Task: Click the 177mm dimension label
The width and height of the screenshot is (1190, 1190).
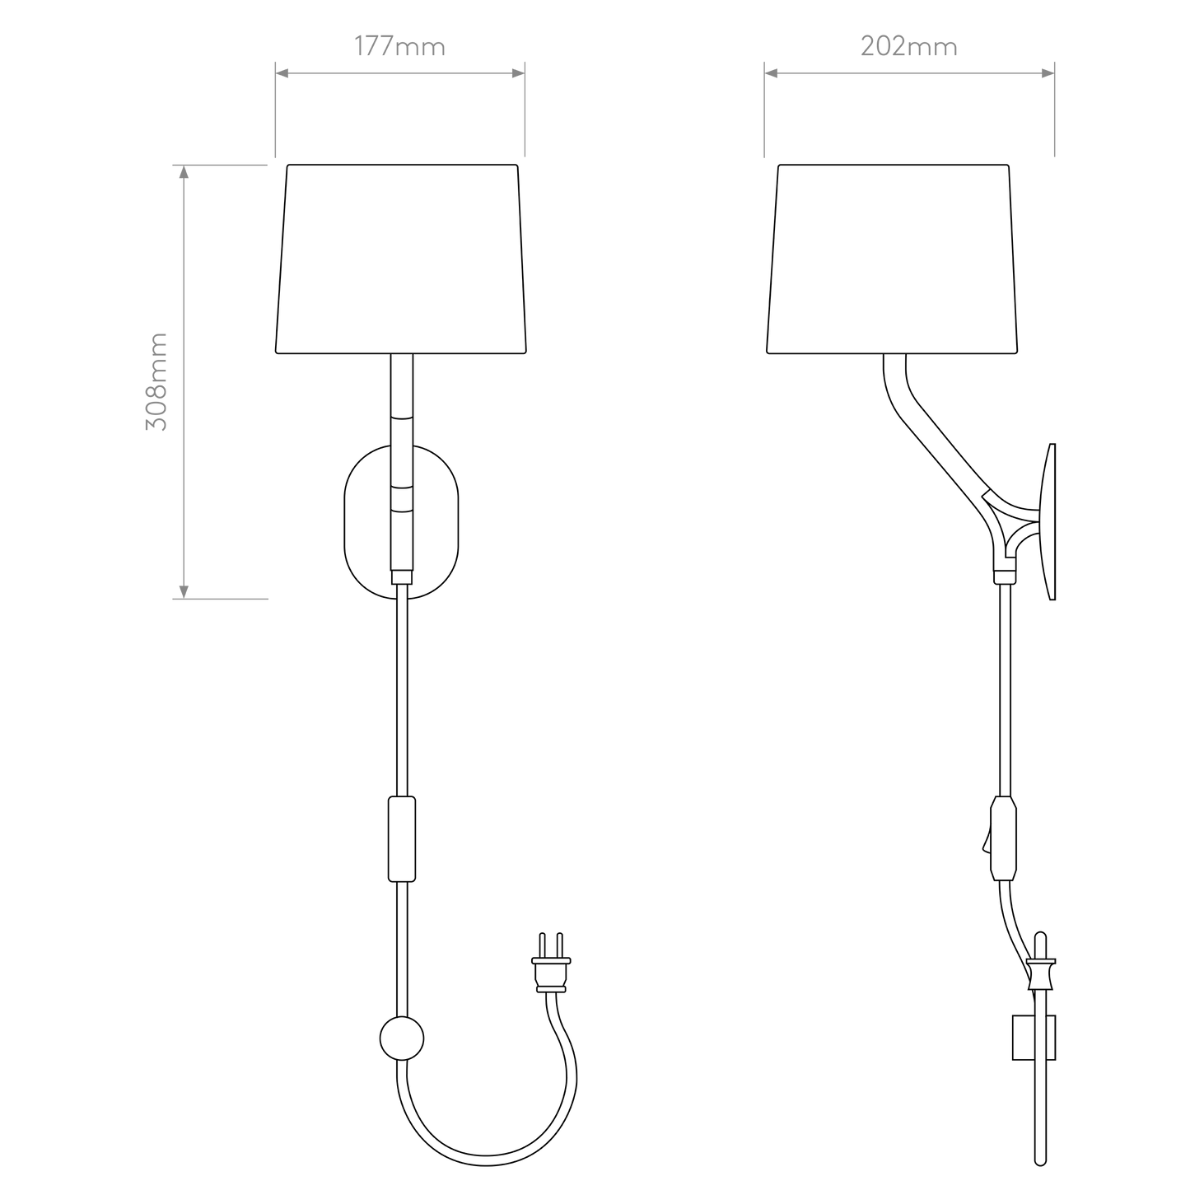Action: (399, 47)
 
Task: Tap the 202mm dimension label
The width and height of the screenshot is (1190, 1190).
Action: (908, 47)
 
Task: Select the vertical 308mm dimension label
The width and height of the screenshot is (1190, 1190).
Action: (156, 381)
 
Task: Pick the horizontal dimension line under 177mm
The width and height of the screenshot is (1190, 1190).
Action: (399, 73)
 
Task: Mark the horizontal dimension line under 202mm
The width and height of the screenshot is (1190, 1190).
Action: (909, 73)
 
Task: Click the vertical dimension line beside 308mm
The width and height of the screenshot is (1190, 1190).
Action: (183, 381)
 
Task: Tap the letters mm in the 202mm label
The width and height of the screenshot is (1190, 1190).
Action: (934, 48)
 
